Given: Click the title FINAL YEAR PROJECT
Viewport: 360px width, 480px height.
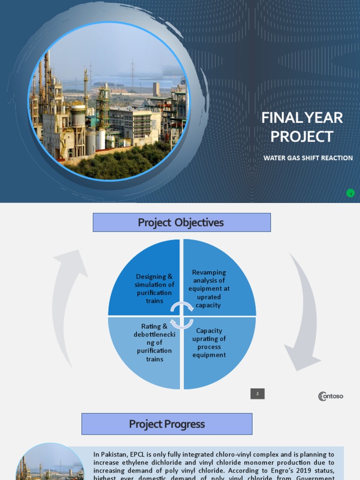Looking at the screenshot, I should pyautogui.click(x=302, y=127).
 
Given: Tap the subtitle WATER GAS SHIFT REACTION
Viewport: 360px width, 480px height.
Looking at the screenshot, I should pyautogui.click(x=308, y=158).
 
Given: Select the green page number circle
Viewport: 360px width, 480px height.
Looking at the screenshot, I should pyautogui.click(x=350, y=193).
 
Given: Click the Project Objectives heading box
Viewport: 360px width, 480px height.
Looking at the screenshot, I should pyautogui.click(x=181, y=223).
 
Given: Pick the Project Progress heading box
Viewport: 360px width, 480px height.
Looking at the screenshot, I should pyautogui.click(x=167, y=424).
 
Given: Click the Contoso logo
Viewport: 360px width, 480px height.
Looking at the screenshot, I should pyautogui.click(x=330, y=396).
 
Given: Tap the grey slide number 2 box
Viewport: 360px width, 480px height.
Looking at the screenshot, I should pyautogui.click(x=257, y=394).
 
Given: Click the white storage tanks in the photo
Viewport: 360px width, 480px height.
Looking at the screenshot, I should pyautogui.click(x=96, y=141).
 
